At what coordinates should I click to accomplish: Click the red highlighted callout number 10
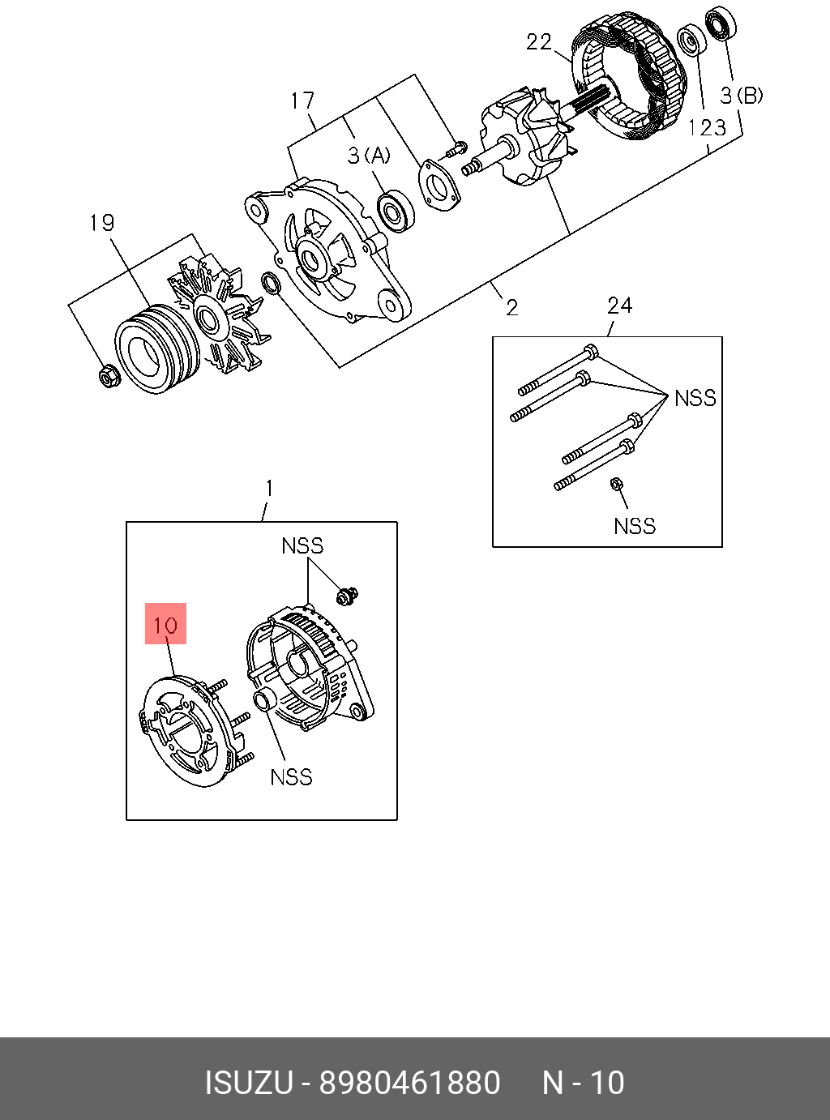165,624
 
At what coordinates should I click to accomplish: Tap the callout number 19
102,223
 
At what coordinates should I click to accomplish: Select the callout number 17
302,100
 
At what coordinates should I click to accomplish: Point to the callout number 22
539,41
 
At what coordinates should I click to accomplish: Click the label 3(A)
369,155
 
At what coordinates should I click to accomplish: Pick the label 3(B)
742,96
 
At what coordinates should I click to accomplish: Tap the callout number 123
707,127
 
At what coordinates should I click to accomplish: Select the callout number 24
619,306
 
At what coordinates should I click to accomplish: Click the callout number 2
511,307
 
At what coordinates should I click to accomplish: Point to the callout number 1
269,489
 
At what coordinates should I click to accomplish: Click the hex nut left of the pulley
107,377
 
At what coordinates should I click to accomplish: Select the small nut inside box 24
615,483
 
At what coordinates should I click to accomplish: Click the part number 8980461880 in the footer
409,1083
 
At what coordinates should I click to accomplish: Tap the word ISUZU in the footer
248,1083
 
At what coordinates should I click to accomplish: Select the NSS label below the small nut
634,526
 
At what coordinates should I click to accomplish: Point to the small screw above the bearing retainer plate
456,149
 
